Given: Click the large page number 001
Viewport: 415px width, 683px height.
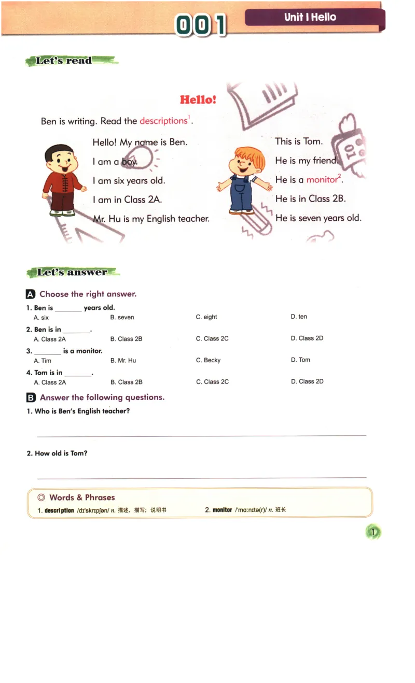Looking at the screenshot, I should pyautogui.click(x=201, y=25).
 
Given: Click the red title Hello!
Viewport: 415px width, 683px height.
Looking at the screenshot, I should pyautogui.click(x=198, y=99).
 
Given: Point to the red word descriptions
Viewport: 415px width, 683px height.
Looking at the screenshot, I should pyautogui.click(x=163, y=121).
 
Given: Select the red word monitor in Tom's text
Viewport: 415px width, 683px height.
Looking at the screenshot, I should pyautogui.click(x=322, y=180).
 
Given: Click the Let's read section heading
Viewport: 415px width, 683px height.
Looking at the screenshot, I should pyautogui.click(x=64, y=61).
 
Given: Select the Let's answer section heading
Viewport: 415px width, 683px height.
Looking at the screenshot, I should pyautogui.click(x=72, y=272).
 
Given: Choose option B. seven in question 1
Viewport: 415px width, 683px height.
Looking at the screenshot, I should pyautogui.click(x=122, y=317).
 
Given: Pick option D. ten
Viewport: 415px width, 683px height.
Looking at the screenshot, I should pyautogui.click(x=299, y=317).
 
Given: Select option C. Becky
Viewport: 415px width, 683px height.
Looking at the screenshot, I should pyautogui.click(x=208, y=360).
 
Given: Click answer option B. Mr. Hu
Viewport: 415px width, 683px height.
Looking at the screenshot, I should pyautogui.click(x=123, y=361).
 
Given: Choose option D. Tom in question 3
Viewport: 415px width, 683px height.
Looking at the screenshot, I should pyautogui.click(x=300, y=360).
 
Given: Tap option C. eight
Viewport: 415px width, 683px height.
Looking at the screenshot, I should pyautogui.click(x=206, y=317).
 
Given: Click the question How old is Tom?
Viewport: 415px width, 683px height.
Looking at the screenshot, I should pyautogui.click(x=57, y=453).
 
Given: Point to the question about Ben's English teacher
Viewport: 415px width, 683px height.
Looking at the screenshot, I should pyautogui.click(x=78, y=411).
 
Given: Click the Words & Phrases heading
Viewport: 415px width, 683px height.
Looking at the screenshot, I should pyautogui.click(x=82, y=497).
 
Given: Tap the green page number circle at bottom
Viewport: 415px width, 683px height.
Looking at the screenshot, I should pyautogui.click(x=373, y=532).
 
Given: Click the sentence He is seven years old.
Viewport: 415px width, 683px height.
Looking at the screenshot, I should pyautogui.click(x=319, y=218).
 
